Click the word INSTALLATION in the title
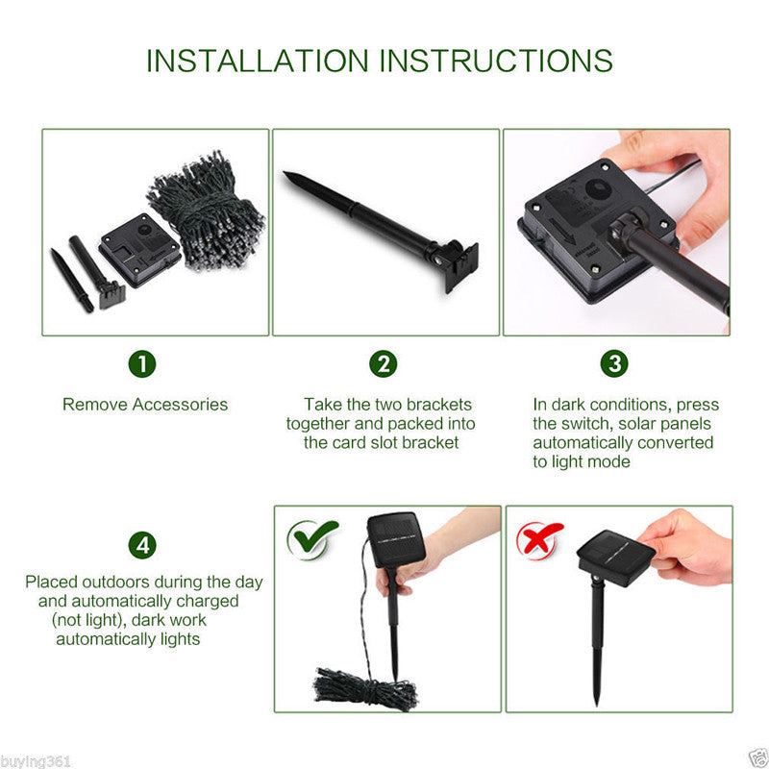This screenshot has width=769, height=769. click(258, 61)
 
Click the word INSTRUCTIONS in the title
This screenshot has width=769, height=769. click(496, 61)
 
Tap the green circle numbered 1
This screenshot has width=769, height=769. click(142, 364)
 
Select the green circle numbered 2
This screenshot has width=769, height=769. click(383, 364)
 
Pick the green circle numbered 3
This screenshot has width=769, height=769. click(614, 363)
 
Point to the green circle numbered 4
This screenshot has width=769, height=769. click(142, 545)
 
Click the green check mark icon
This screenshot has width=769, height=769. click(311, 539)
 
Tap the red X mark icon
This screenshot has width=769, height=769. click(538, 540)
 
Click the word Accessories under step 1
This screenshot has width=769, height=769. click(180, 405)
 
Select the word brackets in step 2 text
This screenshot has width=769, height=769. click(439, 405)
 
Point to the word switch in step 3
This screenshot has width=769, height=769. click(586, 424)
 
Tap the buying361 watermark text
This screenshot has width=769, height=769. click(36, 761)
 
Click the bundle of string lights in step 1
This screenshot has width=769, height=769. click(207, 211)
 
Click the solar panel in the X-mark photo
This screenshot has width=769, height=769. click(616, 558)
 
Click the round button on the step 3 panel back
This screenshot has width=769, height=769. click(597, 189)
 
